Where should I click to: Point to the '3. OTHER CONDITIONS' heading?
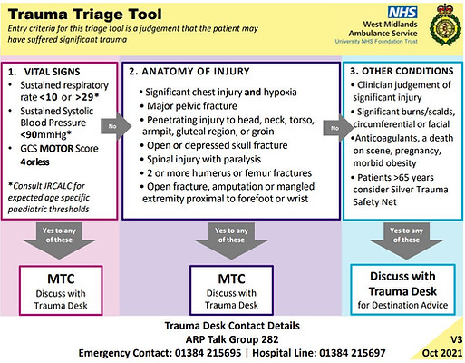(399, 69)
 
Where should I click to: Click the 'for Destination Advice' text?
(401, 303)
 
